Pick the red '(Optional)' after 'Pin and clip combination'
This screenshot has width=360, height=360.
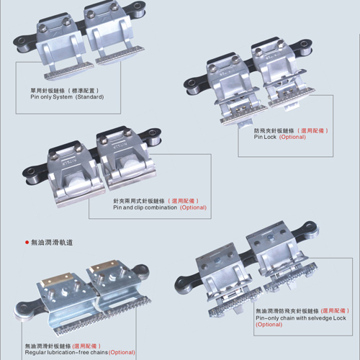pos(193,207)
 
